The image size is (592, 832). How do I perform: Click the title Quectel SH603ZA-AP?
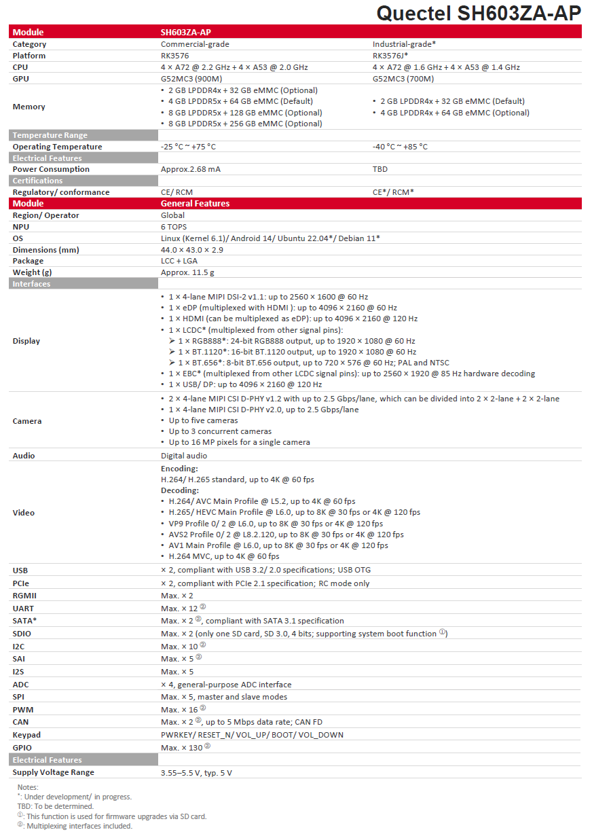tap(479, 13)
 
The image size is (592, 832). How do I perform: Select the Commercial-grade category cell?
tap(195, 44)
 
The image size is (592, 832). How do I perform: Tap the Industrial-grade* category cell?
tap(404, 44)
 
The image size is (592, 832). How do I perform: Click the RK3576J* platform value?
tap(390, 56)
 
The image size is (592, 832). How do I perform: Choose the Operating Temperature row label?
tap(57, 147)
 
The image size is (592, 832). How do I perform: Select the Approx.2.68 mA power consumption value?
tap(191, 169)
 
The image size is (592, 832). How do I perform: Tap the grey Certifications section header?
tap(37, 181)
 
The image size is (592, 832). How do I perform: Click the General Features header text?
tap(195, 204)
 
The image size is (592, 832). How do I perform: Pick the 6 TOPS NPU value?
tap(174, 227)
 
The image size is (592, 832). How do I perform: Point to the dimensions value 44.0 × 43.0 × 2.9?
tap(192, 250)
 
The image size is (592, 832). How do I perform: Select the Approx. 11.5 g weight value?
tap(187, 272)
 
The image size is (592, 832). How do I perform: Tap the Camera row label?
tap(27, 421)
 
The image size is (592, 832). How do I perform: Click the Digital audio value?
tap(184, 456)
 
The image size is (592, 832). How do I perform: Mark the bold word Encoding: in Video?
tap(179, 469)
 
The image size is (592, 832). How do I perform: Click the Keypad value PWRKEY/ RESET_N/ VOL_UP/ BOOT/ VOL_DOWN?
tap(252, 735)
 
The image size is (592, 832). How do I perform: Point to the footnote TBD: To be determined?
tap(56, 806)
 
